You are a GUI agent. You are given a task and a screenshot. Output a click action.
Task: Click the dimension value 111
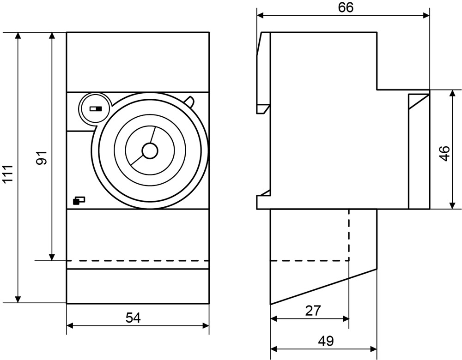point(8,175)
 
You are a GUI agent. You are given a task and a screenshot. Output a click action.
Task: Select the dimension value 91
point(42,158)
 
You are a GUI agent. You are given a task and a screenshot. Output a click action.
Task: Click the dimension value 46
point(444,153)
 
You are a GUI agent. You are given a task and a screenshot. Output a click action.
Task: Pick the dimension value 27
point(313,311)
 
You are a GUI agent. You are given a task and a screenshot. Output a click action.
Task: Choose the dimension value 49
point(326,341)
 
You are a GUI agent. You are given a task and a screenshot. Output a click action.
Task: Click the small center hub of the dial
point(150,150)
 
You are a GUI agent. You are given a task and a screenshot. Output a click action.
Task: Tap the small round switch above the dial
point(95,109)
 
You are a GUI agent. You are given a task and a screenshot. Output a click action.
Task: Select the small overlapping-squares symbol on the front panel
point(79,200)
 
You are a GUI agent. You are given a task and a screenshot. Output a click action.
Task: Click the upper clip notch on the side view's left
point(263,109)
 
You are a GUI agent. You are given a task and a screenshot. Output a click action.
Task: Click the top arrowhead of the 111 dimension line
point(18,36)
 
